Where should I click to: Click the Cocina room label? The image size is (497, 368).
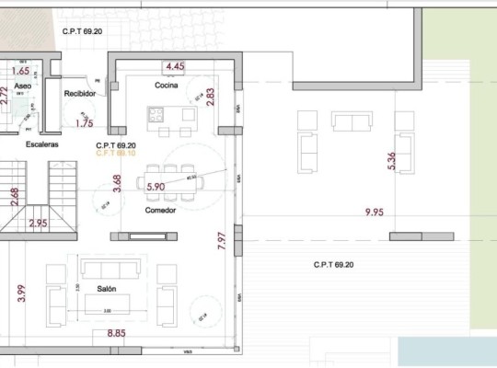(166, 86)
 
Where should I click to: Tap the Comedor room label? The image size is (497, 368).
(160, 211)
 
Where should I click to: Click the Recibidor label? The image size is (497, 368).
(81, 94)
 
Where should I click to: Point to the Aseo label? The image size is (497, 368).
(23, 86)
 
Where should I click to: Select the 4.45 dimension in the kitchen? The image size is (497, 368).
(175, 67)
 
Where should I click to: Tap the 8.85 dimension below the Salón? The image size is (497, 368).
(117, 333)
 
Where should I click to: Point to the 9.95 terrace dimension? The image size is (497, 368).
(375, 213)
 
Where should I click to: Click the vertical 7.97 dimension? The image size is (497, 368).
(221, 241)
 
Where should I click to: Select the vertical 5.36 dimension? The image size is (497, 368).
(391, 161)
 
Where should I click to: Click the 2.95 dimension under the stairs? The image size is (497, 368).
(38, 224)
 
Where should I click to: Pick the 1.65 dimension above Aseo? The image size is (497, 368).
(20, 71)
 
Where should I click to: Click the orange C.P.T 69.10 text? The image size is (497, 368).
(116, 154)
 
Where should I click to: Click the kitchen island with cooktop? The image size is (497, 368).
(171, 115)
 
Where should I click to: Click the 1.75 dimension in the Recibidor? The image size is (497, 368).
(85, 122)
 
